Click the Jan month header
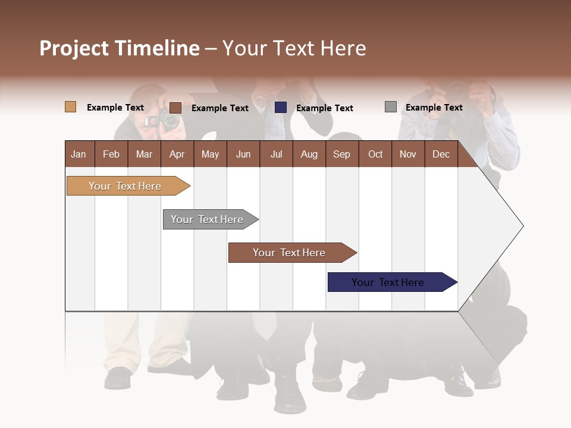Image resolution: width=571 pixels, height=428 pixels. pos(79,154)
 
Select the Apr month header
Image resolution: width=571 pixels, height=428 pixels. pos(177,154)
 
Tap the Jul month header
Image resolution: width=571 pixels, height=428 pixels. pos(276,154)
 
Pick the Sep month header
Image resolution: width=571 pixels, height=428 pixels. pos(341,154)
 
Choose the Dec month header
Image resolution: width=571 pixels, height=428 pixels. pos(441,154)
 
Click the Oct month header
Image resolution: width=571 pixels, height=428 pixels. pos(375,154)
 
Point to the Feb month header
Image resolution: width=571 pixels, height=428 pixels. pos(111,154)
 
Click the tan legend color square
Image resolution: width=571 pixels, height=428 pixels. pos(70,107)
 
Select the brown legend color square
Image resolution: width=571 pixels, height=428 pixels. pos(175,108)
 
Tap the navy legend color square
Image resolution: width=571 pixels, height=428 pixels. pos(281,107)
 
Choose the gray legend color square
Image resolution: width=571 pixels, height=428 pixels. pos(391,107)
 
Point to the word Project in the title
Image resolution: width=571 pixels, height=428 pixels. pos(74,48)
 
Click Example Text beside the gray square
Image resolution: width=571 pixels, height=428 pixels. pos(434,108)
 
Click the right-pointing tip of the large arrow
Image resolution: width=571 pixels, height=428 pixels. pos(522,226)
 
